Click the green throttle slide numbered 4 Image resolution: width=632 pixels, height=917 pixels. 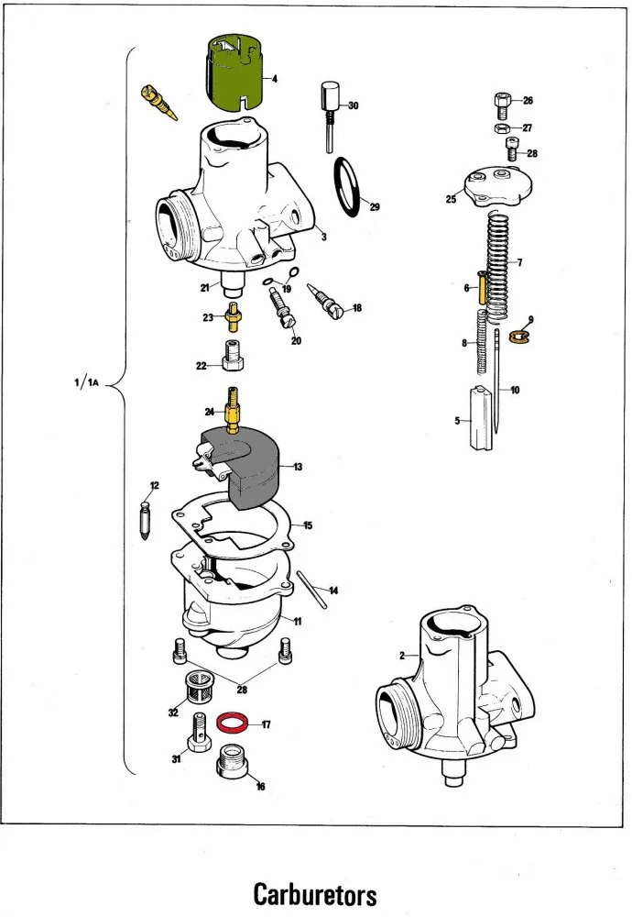[234, 72]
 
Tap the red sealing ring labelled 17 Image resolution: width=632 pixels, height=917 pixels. [232, 722]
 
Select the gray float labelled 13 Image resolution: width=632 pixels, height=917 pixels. [240, 466]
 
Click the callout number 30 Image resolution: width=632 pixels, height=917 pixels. [354, 105]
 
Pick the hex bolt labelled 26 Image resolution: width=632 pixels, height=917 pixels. [502, 105]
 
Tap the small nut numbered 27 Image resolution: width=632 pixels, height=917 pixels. [501, 128]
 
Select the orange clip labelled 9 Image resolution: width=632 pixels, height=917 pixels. [518, 337]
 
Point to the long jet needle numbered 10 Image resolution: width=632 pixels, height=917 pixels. [496, 381]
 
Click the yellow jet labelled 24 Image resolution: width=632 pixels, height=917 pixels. [233, 409]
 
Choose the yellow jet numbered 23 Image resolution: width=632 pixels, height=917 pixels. [233, 317]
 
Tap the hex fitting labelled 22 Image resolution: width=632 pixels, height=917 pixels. [233, 356]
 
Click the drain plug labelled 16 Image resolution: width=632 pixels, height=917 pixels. [232, 761]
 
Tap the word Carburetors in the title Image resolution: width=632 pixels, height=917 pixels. [315, 894]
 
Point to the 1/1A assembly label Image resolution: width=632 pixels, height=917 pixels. [87, 383]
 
